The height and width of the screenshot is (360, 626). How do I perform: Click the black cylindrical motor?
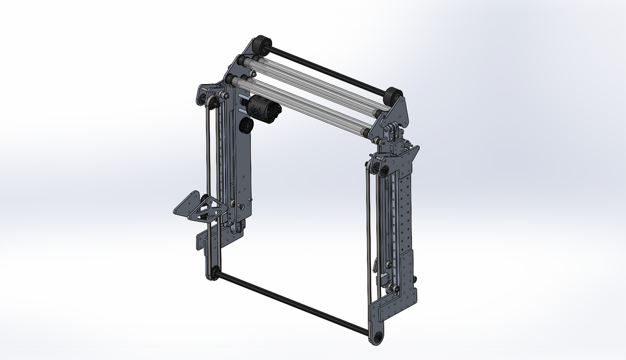[263, 109]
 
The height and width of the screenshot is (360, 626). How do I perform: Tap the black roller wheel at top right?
[393, 97]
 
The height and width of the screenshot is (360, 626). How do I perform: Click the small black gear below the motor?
[246, 125]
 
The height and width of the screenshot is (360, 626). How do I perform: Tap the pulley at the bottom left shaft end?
[213, 273]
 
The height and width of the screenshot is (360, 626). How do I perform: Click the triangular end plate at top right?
[399, 112]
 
